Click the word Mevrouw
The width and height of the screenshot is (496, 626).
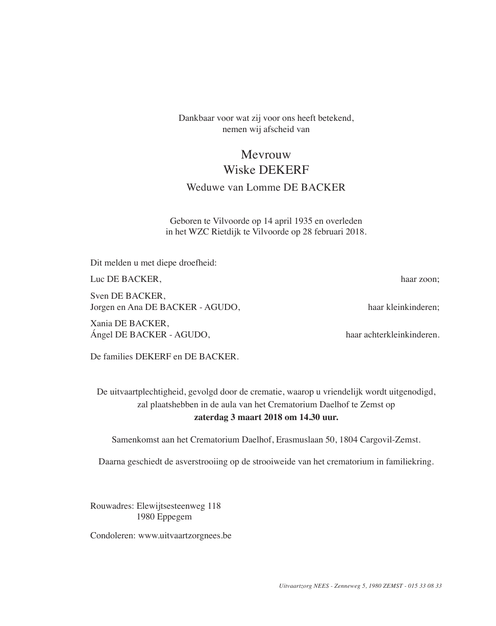(266, 154)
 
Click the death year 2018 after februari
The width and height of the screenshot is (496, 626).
(355, 231)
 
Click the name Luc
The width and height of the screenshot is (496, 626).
(97, 279)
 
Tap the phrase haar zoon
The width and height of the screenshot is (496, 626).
(419, 279)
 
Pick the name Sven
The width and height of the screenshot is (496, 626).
(100, 296)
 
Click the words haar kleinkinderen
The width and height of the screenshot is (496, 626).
(403, 307)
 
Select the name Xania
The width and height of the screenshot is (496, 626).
(101, 324)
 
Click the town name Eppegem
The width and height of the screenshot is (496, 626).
(176, 517)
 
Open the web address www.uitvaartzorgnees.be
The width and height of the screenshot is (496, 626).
(185, 536)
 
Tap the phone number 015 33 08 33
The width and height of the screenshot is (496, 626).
(426, 586)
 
